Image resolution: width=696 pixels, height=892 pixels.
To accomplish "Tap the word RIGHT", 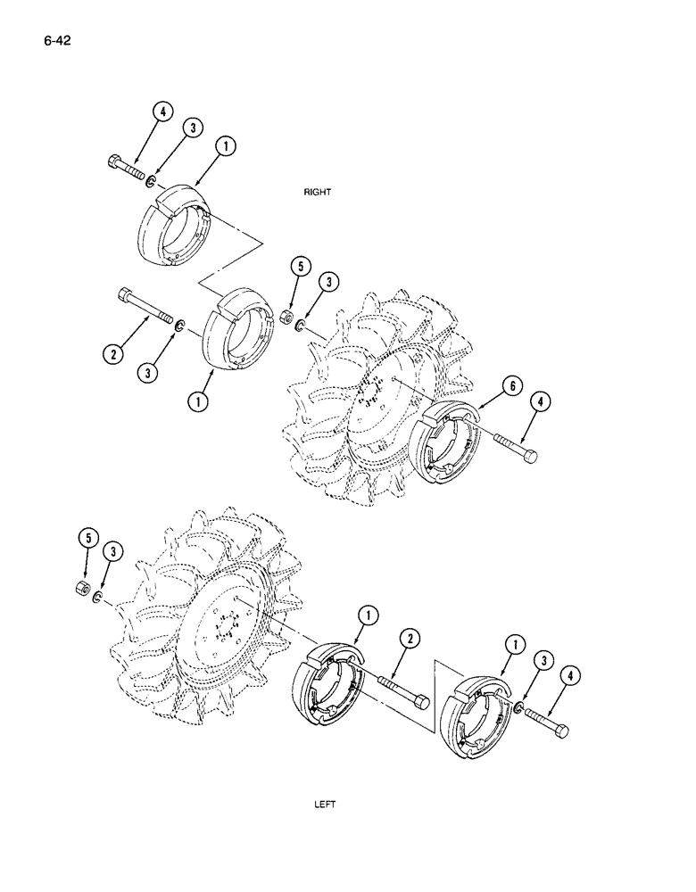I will (318, 192).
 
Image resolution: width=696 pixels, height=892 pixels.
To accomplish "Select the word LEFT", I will (324, 804).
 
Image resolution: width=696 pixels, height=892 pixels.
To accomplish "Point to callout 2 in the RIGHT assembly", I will (112, 354).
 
